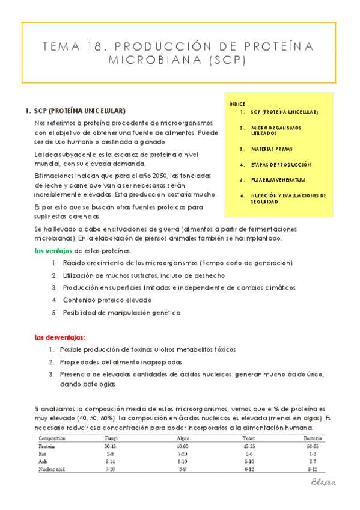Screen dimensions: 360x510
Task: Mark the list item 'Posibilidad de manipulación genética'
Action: (x=121, y=312)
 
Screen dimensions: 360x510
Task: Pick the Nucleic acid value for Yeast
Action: (x=248, y=467)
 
